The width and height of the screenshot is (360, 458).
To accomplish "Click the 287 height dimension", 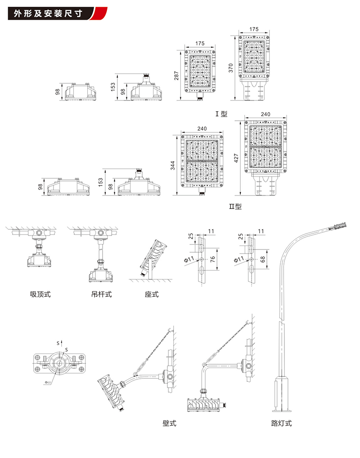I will (x=176, y=75).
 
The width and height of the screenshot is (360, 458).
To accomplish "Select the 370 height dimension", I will (x=231, y=68).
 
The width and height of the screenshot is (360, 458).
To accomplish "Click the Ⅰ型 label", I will (x=222, y=114).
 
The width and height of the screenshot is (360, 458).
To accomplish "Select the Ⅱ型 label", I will (x=235, y=207).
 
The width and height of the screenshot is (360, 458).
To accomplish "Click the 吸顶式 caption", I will (x=40, y=295).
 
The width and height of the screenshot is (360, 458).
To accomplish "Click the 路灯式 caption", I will (x=282, y=423).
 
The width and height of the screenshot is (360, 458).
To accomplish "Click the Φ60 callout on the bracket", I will (x=48, y=382).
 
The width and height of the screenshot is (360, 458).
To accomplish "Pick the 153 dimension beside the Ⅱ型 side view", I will (x=101, y=182).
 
